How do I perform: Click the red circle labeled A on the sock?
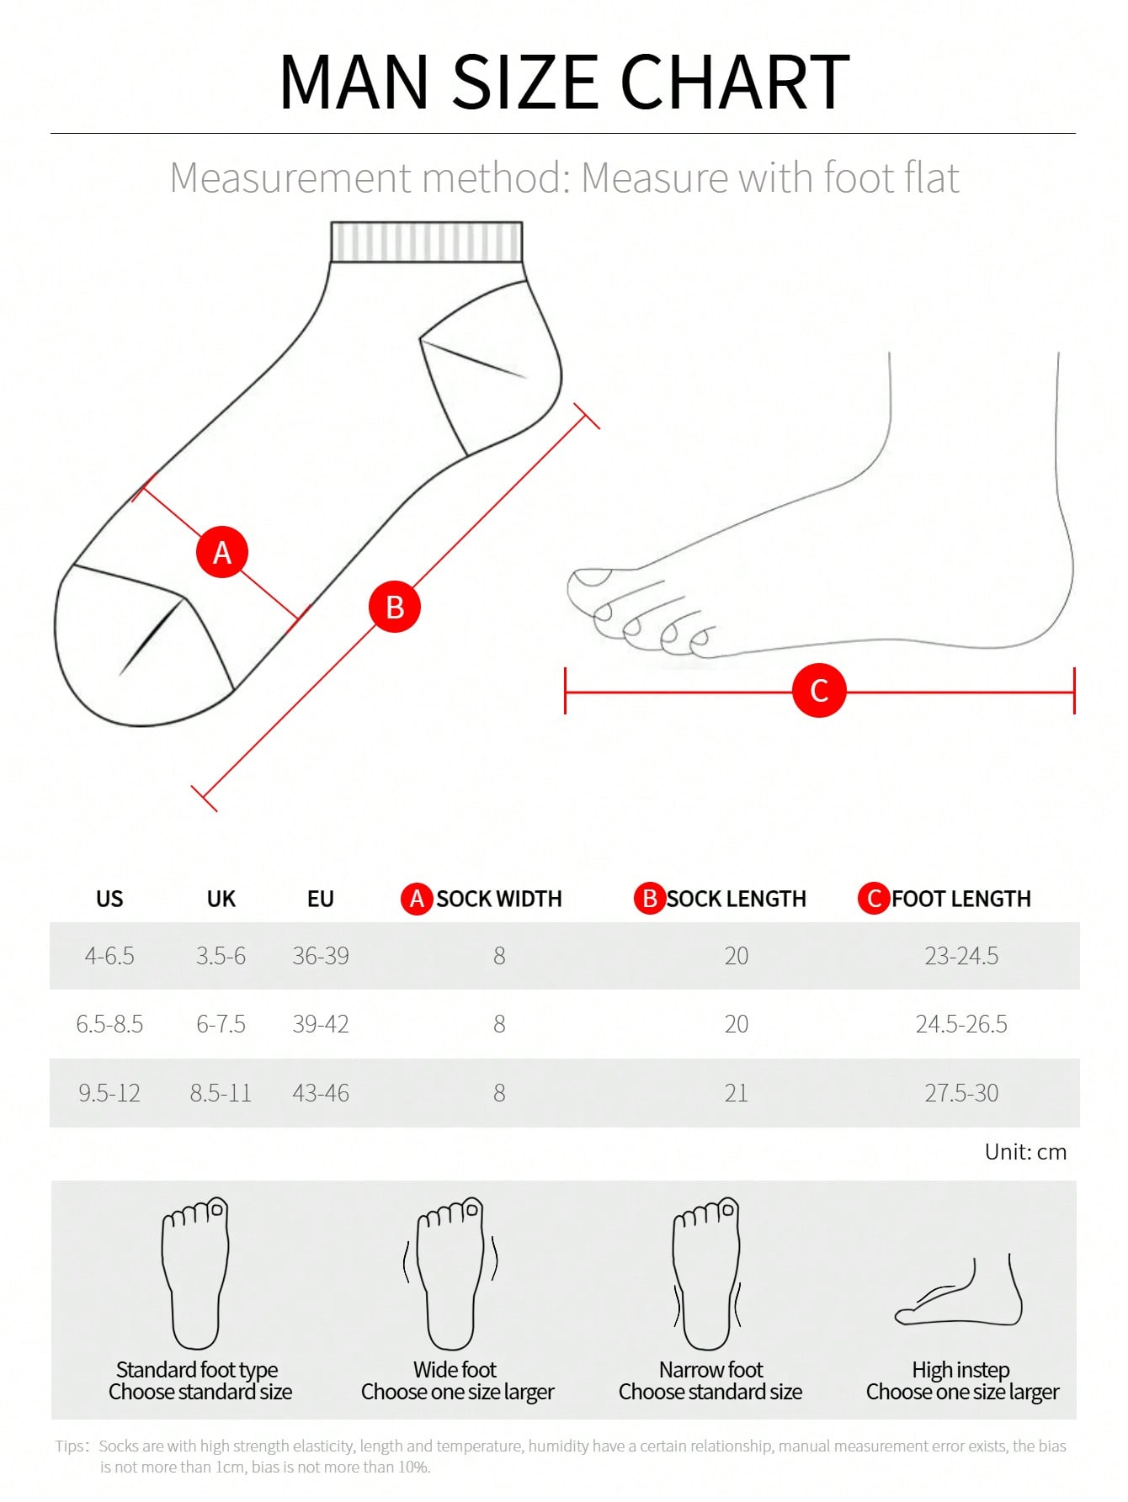point(222,552)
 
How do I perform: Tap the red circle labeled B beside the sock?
point(395,607)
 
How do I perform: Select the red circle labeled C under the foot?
point(819,690)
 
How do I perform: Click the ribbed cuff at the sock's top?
point(427,242)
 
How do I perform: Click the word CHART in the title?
point(735,82)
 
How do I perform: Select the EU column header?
point(321,899)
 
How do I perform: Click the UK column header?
point(221,899)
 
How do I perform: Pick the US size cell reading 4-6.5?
point(109,956)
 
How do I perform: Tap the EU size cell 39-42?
point(321,1024)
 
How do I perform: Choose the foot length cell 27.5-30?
point(961,1093)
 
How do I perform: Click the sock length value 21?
point(737,1093)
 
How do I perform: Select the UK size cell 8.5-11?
point(221,1093)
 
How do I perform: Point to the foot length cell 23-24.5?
point(961,956)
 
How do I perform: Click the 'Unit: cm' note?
point(1025,1152)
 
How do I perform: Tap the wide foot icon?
point(451,1273)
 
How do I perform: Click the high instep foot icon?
point(959,1291)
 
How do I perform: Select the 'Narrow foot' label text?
point(711,1370)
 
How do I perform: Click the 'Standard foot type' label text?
point(197,1370)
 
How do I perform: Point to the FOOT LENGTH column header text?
point(961,899)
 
